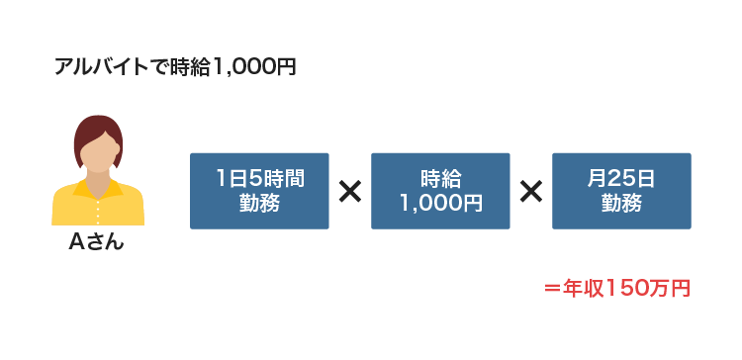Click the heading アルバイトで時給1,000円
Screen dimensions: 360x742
pyautogui.click(x=175, y=67)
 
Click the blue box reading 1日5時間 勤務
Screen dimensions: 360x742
pyautogui.click(x=259, y=191)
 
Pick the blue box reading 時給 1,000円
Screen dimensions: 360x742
pyautogui.click(x=440, y=191)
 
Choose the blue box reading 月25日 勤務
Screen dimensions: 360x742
pyautogui.click(x=621, y=191)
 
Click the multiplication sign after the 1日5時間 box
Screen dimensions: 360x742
pyautogui.click(x=349, y=191)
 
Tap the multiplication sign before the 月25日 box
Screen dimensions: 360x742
pyautogui.click(x=531, y=191)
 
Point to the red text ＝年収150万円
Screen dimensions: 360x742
pyautogui.click(x=616, y=289)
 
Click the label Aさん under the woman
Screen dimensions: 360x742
pyautogui.click(x=97, y=243)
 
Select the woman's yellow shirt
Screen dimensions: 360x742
pyautogui.click(x=98, y=208)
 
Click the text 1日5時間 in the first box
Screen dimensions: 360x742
pyautogui.click(x=259, y=179)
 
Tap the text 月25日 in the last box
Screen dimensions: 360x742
pyautogui.click(x=621, y=179)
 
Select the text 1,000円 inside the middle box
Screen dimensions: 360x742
pyautogui.click(x=440, y=204)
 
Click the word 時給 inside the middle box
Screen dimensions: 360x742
pyautogui.click(x=440, y=179)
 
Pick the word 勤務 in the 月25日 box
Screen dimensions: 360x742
pyautogui.click(x=621, y=204)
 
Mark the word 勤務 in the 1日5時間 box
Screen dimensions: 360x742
pyautogui.click(x=259, y=204)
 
